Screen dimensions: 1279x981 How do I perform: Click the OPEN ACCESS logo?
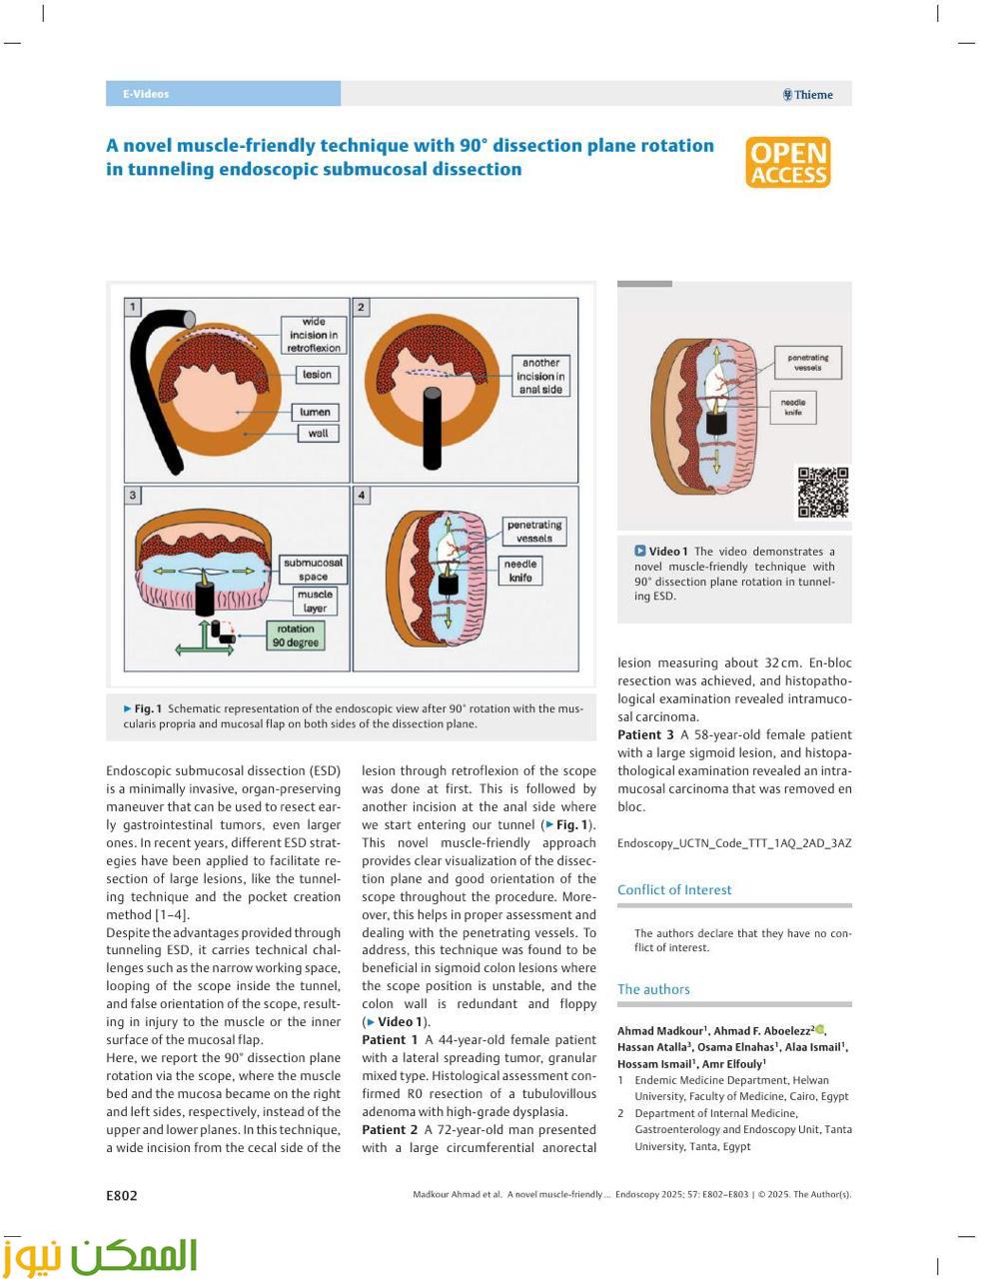[x=787, y=163]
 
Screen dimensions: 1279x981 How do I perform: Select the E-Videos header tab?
[x=146, y=94]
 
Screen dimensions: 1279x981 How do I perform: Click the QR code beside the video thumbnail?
[x=822, y=492]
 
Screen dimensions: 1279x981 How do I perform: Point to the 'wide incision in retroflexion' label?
[x=314, y=336]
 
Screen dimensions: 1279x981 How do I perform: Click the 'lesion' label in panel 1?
[x=317, y=375]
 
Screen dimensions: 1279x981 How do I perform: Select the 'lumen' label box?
[x=317, y=412]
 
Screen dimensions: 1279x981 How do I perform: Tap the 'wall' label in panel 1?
[x=317, y=434]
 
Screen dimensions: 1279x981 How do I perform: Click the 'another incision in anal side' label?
[x=540, y=377]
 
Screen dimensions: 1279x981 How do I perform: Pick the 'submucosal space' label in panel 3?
[x=313, y=570]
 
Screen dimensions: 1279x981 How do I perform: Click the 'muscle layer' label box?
[x=315, y=601]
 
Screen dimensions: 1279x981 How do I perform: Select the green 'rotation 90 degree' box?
[x=296, y=637]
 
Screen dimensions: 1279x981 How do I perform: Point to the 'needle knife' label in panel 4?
[x=519, y=571]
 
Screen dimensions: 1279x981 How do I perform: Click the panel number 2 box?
[x=362, y=308]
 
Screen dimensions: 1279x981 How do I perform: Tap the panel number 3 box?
[x=133, y=496]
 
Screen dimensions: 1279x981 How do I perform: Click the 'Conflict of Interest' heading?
[x=674, y=889]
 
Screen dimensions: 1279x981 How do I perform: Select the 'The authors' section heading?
[x=653, y=989]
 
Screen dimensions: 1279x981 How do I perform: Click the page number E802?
[x=122, y=1195]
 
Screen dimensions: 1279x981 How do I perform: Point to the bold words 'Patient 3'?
[x=645, y=734]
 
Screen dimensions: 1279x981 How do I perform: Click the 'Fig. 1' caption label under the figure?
[x=146, y=708]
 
